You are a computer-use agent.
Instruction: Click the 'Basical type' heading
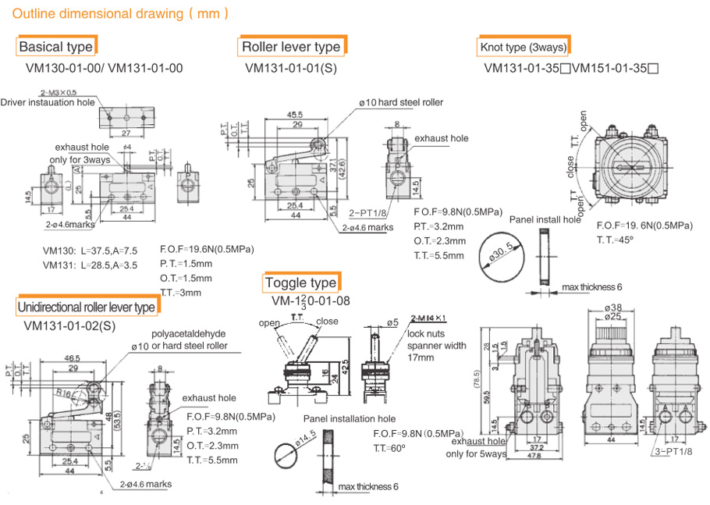pyautogui.click(x=56, y=47)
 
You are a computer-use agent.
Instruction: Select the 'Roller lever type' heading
pyautogui.click(x=290, y=47)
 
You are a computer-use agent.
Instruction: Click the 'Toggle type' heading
pyautogui.click(x=300, y=283)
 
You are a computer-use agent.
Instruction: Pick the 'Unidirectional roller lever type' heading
pyautogui.click(x=86, y=307)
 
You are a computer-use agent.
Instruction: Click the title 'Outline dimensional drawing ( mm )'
pyautogui.click(x=121, y=13)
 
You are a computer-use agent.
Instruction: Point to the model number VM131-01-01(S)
pyautogui.click(x=290, y=68)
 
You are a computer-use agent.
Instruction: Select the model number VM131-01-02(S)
pyautogui.click(x=70, y=325)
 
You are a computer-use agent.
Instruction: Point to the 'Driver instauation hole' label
pyautogui.click(x=48, y=102)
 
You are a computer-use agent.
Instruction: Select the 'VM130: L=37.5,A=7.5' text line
pyautogui.click(x=90, y=251)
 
